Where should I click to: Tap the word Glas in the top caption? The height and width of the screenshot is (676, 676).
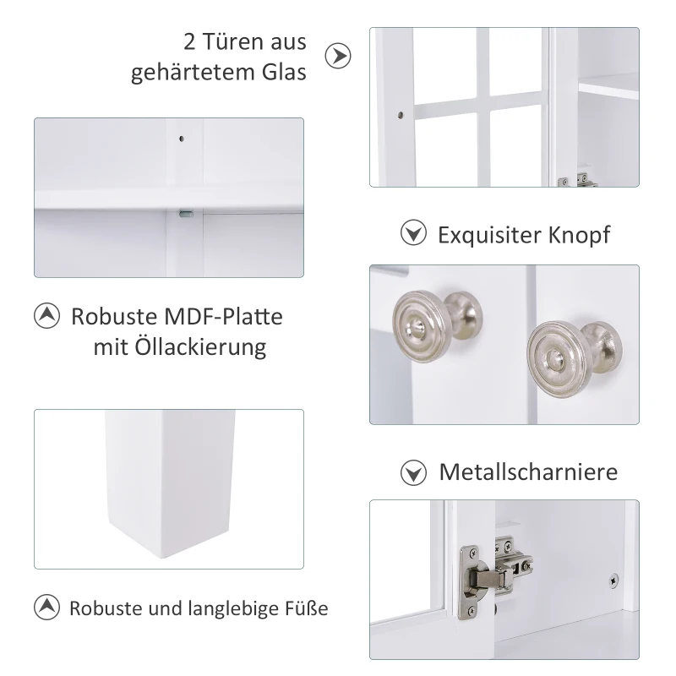point(284,72)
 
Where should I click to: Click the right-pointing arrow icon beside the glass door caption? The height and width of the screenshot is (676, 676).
point(338,56)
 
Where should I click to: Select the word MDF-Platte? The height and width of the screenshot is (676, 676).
point(223,316)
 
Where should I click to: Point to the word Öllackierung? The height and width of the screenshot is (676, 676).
point(200,347)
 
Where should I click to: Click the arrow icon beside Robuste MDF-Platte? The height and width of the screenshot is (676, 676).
point(46,316)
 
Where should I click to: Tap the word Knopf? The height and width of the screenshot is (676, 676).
point(579,236)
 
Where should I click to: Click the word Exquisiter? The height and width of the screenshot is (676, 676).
point(489,235)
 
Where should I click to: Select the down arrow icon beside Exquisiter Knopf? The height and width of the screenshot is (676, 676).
point(413,233)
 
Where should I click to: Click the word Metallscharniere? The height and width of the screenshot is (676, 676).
point(529,472)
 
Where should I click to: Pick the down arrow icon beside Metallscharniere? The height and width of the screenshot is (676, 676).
point(413,472)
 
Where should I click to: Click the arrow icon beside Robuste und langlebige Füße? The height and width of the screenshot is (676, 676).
point(46,607)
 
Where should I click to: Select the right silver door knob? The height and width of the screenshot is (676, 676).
point(574,359)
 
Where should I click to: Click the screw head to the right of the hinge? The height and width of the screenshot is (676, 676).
point(613,581)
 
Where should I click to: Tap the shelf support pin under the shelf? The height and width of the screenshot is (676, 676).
point(186,214)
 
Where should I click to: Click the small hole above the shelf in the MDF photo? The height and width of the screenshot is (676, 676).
point(182,139)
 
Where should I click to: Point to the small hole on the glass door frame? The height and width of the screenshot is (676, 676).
point(401,115)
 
